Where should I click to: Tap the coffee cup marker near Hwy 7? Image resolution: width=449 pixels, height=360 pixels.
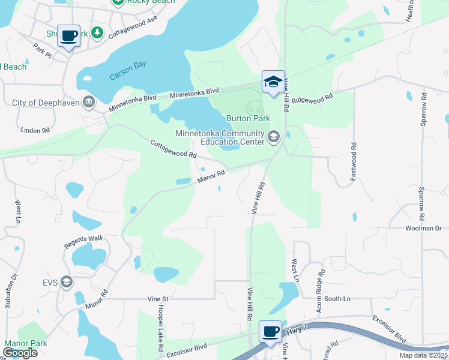[270, 332]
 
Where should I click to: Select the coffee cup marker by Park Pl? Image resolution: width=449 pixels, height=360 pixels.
[69, 36]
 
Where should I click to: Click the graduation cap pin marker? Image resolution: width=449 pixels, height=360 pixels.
[273, 82]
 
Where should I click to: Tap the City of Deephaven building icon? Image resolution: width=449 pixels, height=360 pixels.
[89, 103]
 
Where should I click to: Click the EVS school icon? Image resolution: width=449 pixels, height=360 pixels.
[66, 281]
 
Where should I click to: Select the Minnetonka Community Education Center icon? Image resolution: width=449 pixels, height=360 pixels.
[274, 137]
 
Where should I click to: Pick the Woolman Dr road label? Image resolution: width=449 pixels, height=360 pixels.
[423, 229]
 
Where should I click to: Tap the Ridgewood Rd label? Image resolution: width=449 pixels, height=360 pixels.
[312, 98]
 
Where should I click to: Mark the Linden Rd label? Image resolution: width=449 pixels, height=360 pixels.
[35, 130]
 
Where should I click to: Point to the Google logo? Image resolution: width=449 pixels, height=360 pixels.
[19, 353]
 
